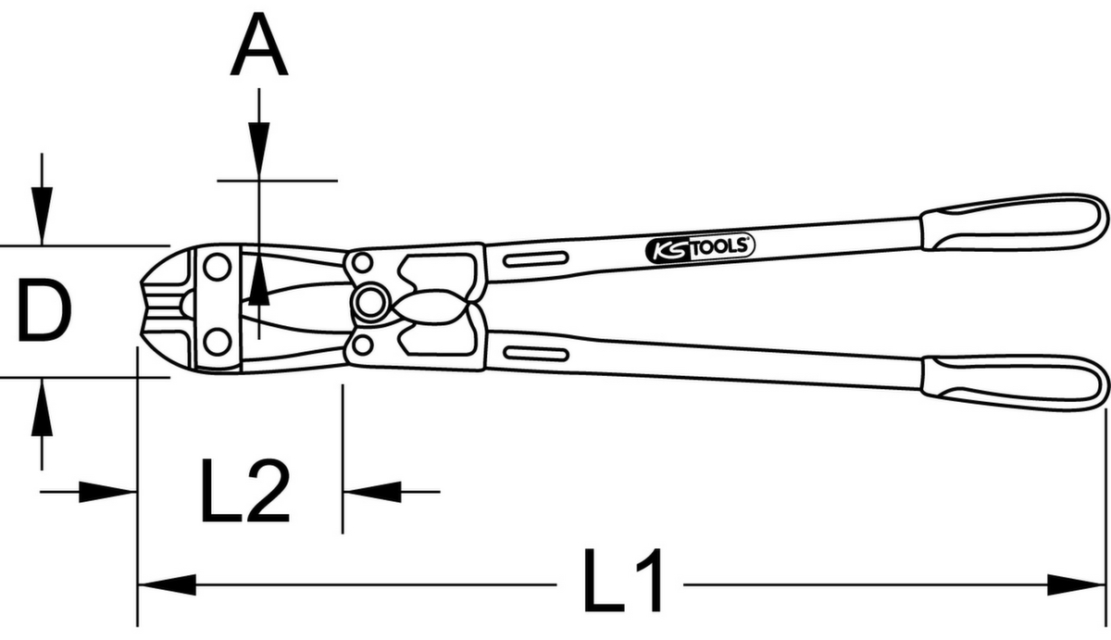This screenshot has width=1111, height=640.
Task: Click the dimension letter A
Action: pyautogui.click(x=259, y=44)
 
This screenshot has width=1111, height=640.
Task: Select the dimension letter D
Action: pyautogui.click(x=44, y=310)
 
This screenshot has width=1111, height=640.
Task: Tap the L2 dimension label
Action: pyautogui.click(x=245, y=491)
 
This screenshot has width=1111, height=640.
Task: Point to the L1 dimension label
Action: pyautogui.click(x=622, y=581)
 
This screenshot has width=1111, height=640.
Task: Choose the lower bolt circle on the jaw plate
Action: pyautogui.click(x=218, y=342)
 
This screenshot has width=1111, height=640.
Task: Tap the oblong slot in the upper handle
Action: pyautogui.click(x=536, y=259)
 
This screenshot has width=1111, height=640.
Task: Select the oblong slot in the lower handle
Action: pyautogui.click(x=536, y=354)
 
